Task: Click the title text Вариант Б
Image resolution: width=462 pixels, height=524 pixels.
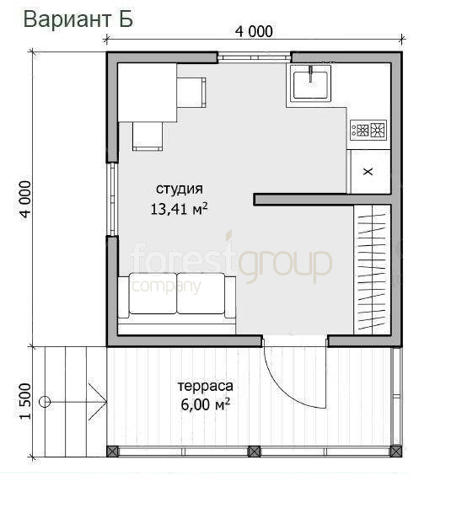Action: (x=78, y=19)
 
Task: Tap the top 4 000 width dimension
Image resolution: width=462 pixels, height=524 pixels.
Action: (x=254, y=32)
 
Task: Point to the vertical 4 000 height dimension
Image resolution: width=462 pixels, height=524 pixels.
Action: (x=25, y=200)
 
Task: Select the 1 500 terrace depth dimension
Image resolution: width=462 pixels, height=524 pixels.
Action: (x=25, y=401)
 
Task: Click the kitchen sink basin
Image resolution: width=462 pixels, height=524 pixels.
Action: (x=310, y=83)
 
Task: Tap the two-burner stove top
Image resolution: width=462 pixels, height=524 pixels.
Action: (x=368, y=130)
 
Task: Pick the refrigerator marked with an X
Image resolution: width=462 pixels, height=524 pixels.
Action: (x=368, y=171)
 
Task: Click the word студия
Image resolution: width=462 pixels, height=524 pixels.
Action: (x=180, y=189)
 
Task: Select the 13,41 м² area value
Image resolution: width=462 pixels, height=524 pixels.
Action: (x=179, y=209)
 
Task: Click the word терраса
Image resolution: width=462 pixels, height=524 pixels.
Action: (x=205, y=386)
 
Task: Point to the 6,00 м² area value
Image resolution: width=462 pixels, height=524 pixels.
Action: (x=206, y=404)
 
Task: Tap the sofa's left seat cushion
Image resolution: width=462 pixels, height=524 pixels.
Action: (x=153, y=293)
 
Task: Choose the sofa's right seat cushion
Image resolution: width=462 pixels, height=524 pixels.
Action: (x=201, y=293)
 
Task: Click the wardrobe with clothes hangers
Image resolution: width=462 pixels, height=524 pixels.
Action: (x=373, y=270)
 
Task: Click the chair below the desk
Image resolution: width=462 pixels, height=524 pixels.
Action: (x=148, y=136)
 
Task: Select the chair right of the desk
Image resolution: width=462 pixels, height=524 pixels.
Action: (x=191, y=92)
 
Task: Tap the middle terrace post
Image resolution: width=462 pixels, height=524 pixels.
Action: (x=254, y=452)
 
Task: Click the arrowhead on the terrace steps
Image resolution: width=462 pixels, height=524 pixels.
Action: (x=98, y=402)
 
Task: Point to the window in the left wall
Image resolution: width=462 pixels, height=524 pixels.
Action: (x=113, y=200)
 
